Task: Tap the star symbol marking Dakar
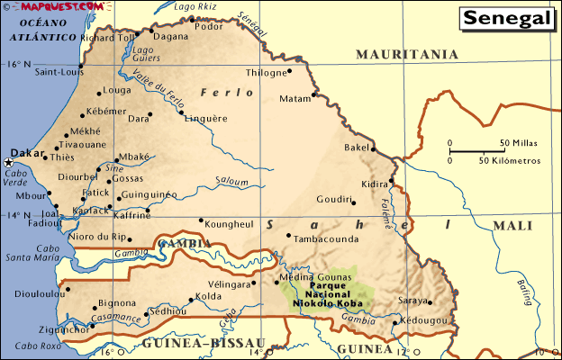coord(9,163)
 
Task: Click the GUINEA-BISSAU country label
coord(204,344)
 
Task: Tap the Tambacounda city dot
coord(288,237)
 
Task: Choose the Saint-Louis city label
coord(56,72)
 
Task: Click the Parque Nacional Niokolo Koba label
coord(325,293)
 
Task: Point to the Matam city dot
coord(314,94)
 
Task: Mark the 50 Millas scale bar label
coord(519,143)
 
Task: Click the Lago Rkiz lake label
coord(195,6)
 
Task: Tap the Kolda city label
coord(209,296)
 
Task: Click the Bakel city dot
coord(373,149)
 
